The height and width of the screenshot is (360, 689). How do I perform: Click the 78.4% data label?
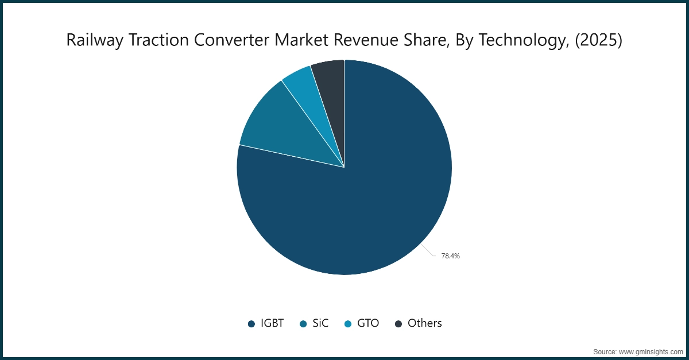450,256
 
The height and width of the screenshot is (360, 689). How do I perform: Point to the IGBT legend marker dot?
251,324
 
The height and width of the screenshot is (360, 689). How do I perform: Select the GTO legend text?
368,323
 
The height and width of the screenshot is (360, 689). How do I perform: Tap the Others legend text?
425,323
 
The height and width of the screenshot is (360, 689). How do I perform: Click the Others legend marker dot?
398,324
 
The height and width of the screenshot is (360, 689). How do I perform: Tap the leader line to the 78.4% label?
428,251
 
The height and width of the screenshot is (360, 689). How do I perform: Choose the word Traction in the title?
152,40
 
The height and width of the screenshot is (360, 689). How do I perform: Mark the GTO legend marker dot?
347,324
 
